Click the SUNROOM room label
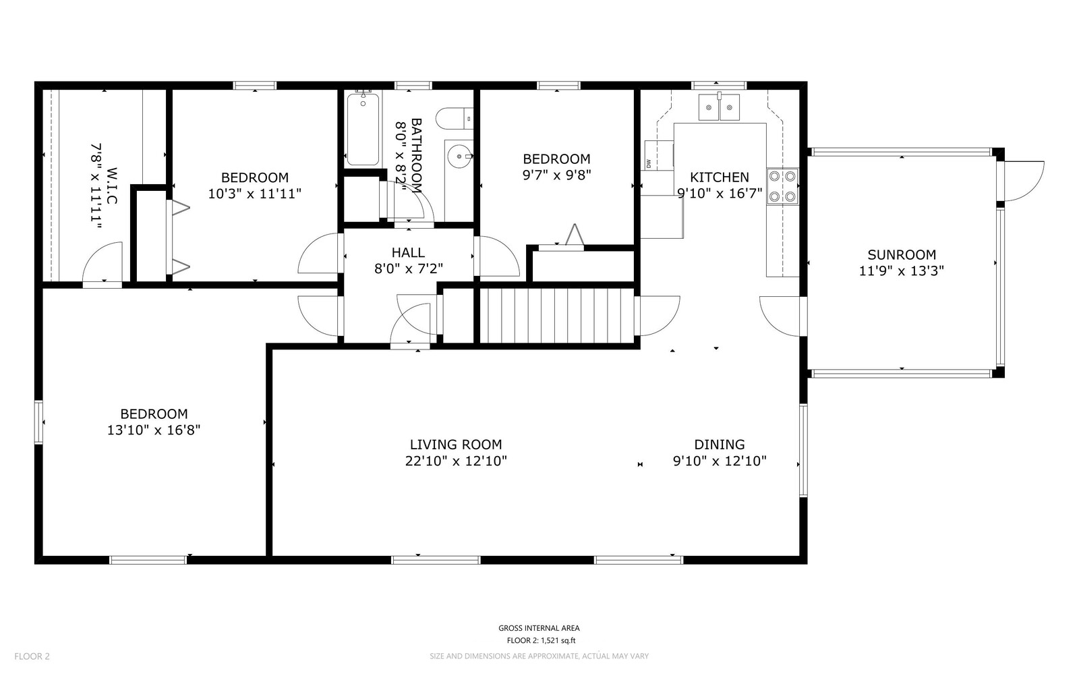pyautogui.click(x=902, y=255)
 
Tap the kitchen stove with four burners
pyautogui.click(x=782, y=187)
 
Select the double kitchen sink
pyautogui.click(x=719, y=107)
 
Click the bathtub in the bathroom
pyautogui.click(x=363, y=130)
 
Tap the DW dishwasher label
pyautogui.click(x=649, y=163)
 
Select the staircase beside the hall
pyautogui.click(x=557, y=316)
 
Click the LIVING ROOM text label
pyautogui.click(x=456, y=445)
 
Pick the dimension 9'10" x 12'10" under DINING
pyautogui.click(x=720, y=461)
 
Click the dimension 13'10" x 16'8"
pyautogui.click(x=154, y=430)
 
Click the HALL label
pyautogui.click(x=408, y=252)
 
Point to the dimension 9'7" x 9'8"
pyautogui.click(x=556, y=175)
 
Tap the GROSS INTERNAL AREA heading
pyautogui.click(x=539, y=628)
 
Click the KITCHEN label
pyautogui.click(x=719, y=177)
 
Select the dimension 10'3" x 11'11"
pyautogui.click(x=254, y=194)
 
